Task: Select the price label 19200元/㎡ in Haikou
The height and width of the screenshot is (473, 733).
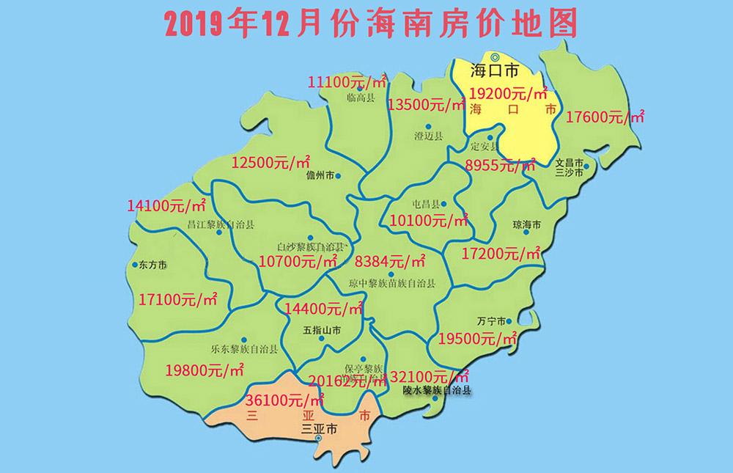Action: click(x=509, y=93)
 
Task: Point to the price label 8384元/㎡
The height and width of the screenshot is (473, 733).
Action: click(x=390, y=260)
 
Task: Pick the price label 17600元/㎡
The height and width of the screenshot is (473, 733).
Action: click(x=605, y=115)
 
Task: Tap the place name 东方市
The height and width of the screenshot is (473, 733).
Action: click(x=152, y=265)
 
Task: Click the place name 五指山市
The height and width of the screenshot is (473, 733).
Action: click(x=322, y=331)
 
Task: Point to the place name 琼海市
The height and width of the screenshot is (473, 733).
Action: click(x=526, y=224)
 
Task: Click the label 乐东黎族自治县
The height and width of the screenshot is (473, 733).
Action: click(x=243, y=348)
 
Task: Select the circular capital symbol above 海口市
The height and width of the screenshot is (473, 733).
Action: click(x=495, y=57)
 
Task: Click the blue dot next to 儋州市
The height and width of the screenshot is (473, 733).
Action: click(x=338, y=176)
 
